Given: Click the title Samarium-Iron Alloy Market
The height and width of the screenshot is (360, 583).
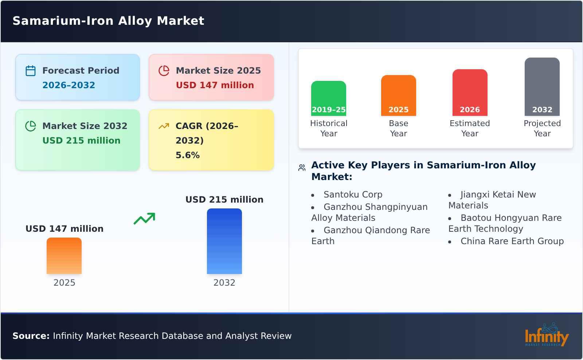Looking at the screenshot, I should (108, 21).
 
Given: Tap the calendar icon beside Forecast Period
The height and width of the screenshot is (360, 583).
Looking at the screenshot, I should (31, 71).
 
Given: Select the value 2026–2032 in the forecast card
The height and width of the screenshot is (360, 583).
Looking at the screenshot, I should (69, 85).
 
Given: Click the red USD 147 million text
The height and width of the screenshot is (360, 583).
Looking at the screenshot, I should (215, 85).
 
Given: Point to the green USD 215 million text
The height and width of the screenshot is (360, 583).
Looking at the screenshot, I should (81, 141).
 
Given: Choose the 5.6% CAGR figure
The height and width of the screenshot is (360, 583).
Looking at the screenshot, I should (187, 155).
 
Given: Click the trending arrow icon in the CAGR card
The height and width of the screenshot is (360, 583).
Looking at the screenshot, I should (164, 126).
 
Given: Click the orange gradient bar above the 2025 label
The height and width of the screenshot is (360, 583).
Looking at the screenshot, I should (64, 256).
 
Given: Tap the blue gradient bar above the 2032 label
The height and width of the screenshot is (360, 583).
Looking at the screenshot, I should (224, 241).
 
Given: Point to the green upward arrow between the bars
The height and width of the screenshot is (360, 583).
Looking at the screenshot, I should (144, 219).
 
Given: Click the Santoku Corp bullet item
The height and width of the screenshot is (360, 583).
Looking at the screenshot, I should (353, 195).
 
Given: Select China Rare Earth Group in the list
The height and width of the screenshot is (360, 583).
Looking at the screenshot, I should (512, 241).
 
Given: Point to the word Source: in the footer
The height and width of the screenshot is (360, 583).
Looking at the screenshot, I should (31, 336).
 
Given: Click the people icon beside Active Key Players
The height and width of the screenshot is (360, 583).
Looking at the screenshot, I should (302, 168).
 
